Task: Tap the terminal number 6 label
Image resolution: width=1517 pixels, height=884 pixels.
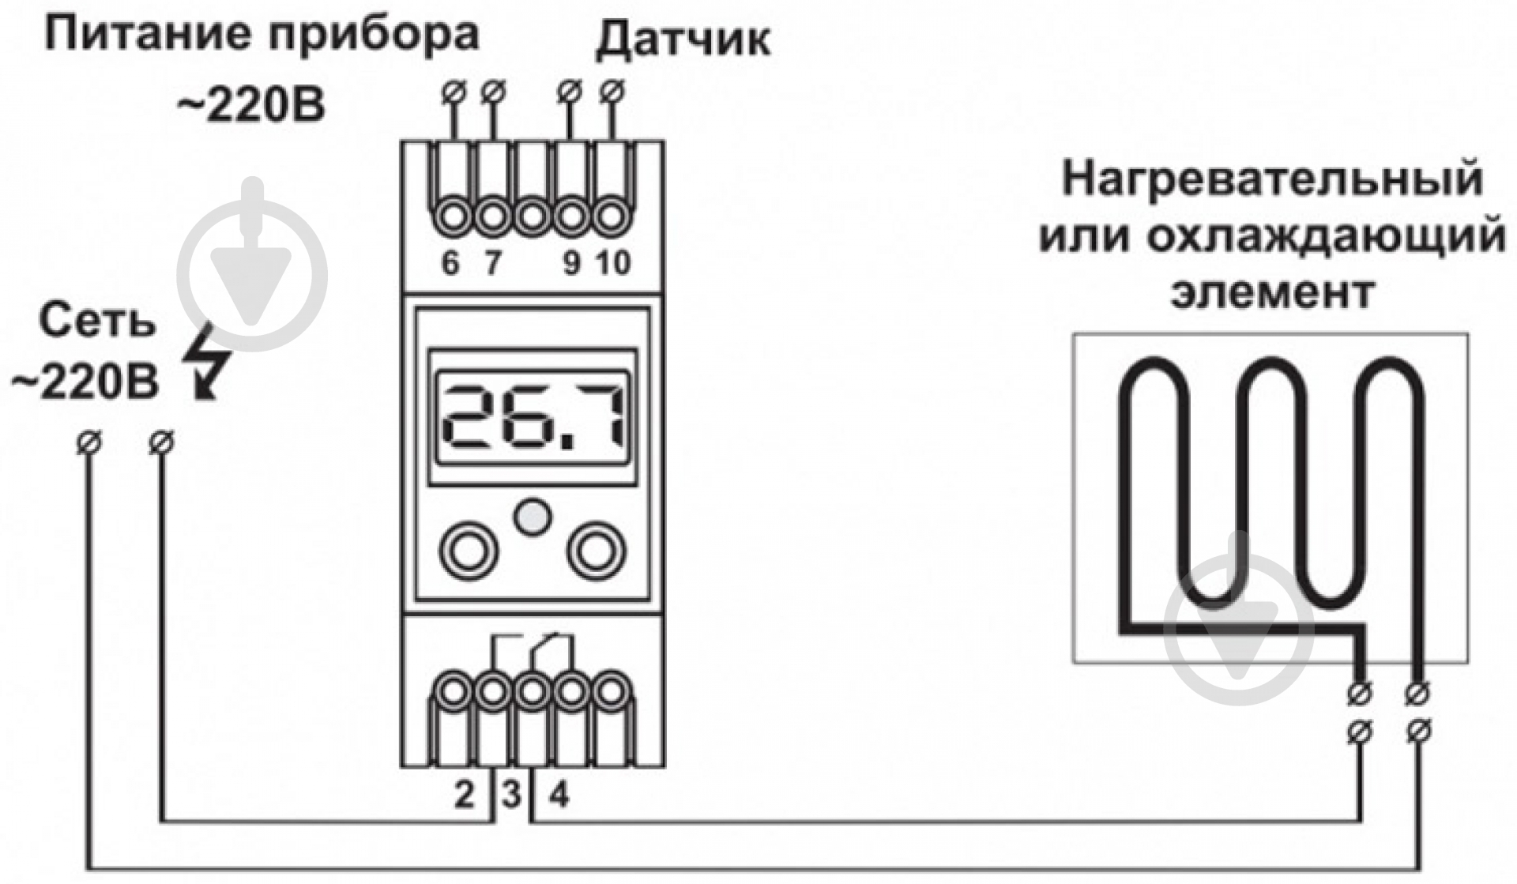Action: [450, 263]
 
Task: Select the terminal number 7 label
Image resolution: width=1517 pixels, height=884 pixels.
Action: [493, 263]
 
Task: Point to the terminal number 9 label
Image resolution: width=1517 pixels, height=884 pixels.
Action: [571, 263]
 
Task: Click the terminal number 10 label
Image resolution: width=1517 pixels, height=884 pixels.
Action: [613, 263]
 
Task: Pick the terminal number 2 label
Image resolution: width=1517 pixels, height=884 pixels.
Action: [465, 794]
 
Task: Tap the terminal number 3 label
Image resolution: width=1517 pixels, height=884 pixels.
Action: [512, 794]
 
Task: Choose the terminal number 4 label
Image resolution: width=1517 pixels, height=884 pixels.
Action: [559, 794]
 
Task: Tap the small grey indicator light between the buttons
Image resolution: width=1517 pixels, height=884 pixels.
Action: [533, 517]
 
